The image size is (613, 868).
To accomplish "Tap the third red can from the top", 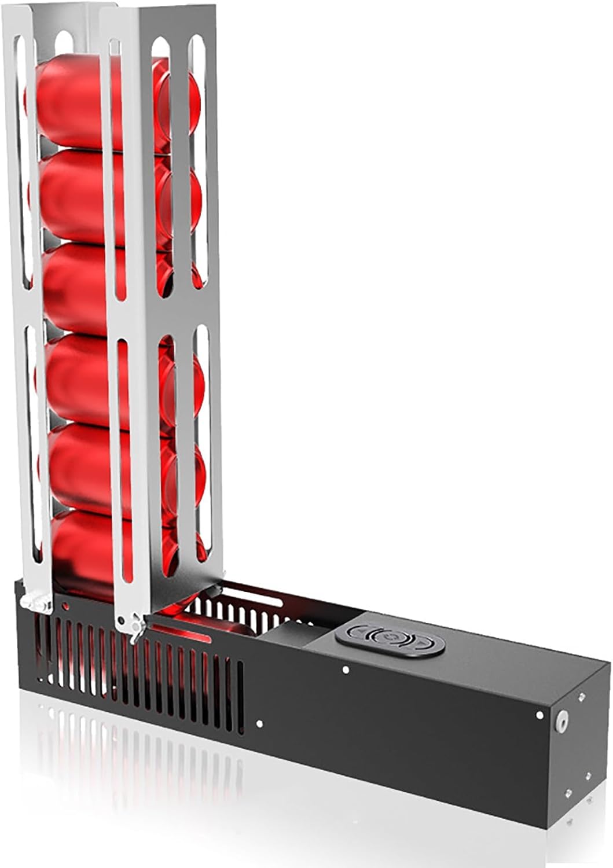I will (x=87, y=289).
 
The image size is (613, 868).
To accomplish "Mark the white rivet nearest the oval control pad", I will (x=346, y=670).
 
